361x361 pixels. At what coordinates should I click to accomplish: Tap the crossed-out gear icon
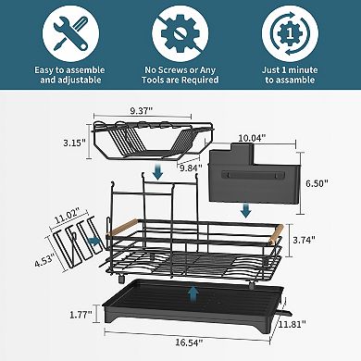tap(180, 33)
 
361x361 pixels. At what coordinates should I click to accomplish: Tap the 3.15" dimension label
tap(75, 143)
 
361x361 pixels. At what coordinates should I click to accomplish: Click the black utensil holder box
tap(253, 176)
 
